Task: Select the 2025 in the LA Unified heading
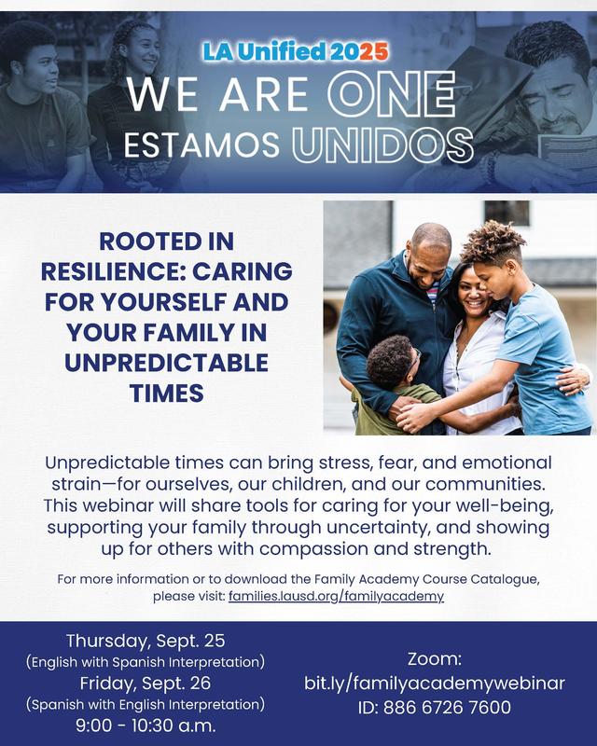click(x=362, y=52)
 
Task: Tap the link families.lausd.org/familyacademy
click(x=336, y=595)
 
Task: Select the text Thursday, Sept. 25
click(x=146, y=642)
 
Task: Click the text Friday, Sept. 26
click(x=146, y=683)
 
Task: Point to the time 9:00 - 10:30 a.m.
click(x=146, y=724)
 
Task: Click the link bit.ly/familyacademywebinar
click(x=435, y=683)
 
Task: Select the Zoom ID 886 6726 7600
click(x=435, y=708)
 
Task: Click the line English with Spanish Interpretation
click(x=146, y=662)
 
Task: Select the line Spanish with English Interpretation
click(x=146, y=703)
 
